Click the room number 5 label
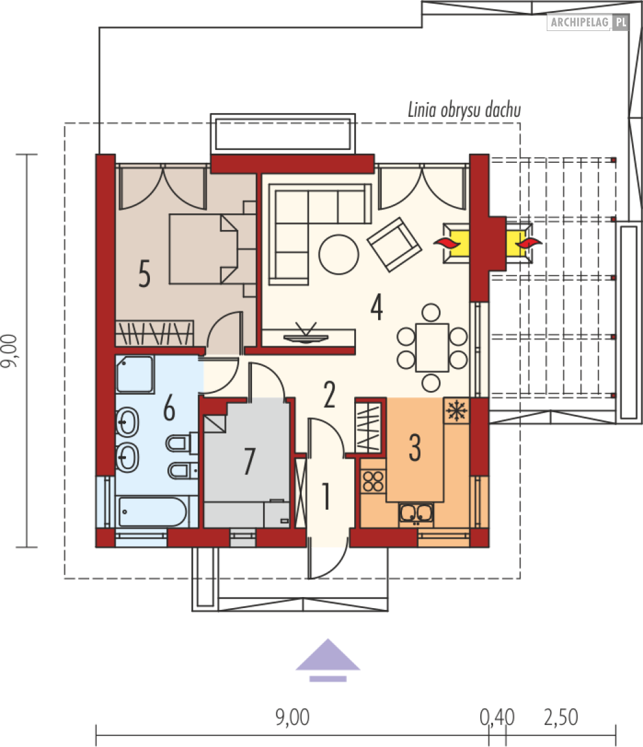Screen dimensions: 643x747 click(144, 273)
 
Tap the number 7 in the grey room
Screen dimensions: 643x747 click(249, 461)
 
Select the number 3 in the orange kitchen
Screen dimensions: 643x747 click(415, 448)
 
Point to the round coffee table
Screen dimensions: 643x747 click(339, 254)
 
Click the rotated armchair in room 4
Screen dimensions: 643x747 click(394, 244)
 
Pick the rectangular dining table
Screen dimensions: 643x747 click(432, 347)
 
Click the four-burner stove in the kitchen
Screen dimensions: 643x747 click(373, 481)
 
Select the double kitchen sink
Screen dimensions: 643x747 click(416, 514)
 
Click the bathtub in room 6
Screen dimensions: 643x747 click(152, 512)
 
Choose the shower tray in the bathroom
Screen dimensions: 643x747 click(135, 374)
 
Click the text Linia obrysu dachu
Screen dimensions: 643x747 click(464, 110)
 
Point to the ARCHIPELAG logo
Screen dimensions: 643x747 click(589, 23)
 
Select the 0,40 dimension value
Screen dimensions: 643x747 click(497, 717)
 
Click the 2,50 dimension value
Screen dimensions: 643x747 click(561, 717)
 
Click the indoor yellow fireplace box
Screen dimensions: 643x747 click(456, 243)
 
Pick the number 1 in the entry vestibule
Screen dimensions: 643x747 click(326, 496)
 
